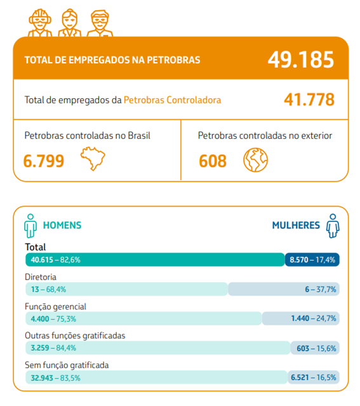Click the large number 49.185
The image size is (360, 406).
[x=301, y=60]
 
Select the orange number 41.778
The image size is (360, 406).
[x=309, y=100]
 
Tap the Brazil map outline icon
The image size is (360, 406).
[x=93, y=159]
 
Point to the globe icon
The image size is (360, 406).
[x=255, y=160]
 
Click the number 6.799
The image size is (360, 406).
[x=44, y=160]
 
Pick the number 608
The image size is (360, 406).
[x=213, y=160]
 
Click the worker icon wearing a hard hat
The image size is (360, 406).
[x=40, y=23]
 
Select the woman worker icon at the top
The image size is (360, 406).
[x=69, y=23]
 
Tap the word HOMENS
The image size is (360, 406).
[x=62, y=225]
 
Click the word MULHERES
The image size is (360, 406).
[x=296, y=225]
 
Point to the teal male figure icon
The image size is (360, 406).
[x=30, y=226]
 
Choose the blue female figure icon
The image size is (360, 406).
[x=333, y=226]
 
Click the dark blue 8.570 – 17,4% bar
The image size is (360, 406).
[x=312, y=259]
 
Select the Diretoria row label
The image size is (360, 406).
[x=41, y=277]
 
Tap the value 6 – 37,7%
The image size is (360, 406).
[x=321, y=289]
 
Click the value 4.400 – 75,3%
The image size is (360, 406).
[x=53, y=318]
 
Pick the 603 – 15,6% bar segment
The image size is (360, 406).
[x=315, y=348]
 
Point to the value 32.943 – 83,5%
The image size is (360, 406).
[x=55, y=378]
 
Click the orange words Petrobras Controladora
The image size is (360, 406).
[x=172, y=100]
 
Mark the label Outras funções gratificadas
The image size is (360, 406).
[x=75, y=336]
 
